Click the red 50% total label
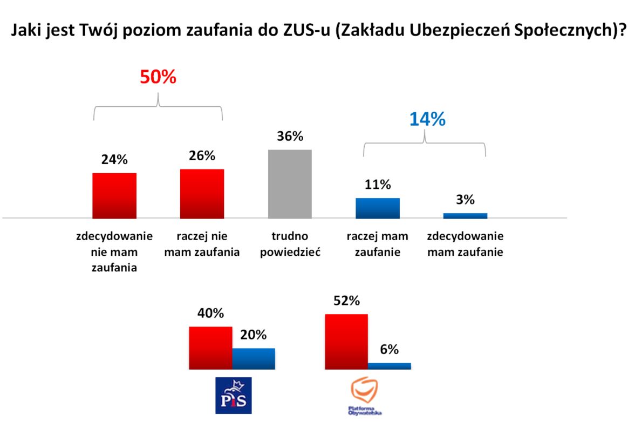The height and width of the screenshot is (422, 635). [x=158, y=77]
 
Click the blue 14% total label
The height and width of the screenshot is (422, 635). [x=427, y=119]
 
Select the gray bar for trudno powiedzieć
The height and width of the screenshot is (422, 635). [x=290, y=184]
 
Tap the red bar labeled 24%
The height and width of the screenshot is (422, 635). [x=114, y=196]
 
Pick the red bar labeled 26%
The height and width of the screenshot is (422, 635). [x=202, y=194]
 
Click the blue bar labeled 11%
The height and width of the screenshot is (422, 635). [x=378, y=208]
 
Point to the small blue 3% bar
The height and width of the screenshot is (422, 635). [x=465, y=216]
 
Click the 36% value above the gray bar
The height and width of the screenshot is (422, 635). [x=290, y=137]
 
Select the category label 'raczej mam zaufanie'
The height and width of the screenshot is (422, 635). [x=378, y=244]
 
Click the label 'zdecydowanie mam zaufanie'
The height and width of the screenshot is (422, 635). [x=465, y=244]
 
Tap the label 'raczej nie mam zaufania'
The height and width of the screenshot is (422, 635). [x=202, y=244]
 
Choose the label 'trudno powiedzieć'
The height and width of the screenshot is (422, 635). [x=290, y=244]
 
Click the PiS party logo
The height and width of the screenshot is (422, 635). [x=233, y=395]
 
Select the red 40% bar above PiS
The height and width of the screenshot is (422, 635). [x=210, y=348]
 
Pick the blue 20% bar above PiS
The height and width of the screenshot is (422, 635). [x=254, y=358]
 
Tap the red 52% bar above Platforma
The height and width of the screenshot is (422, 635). [x=346, y=342]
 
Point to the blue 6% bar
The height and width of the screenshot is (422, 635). [x=389, y=366]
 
